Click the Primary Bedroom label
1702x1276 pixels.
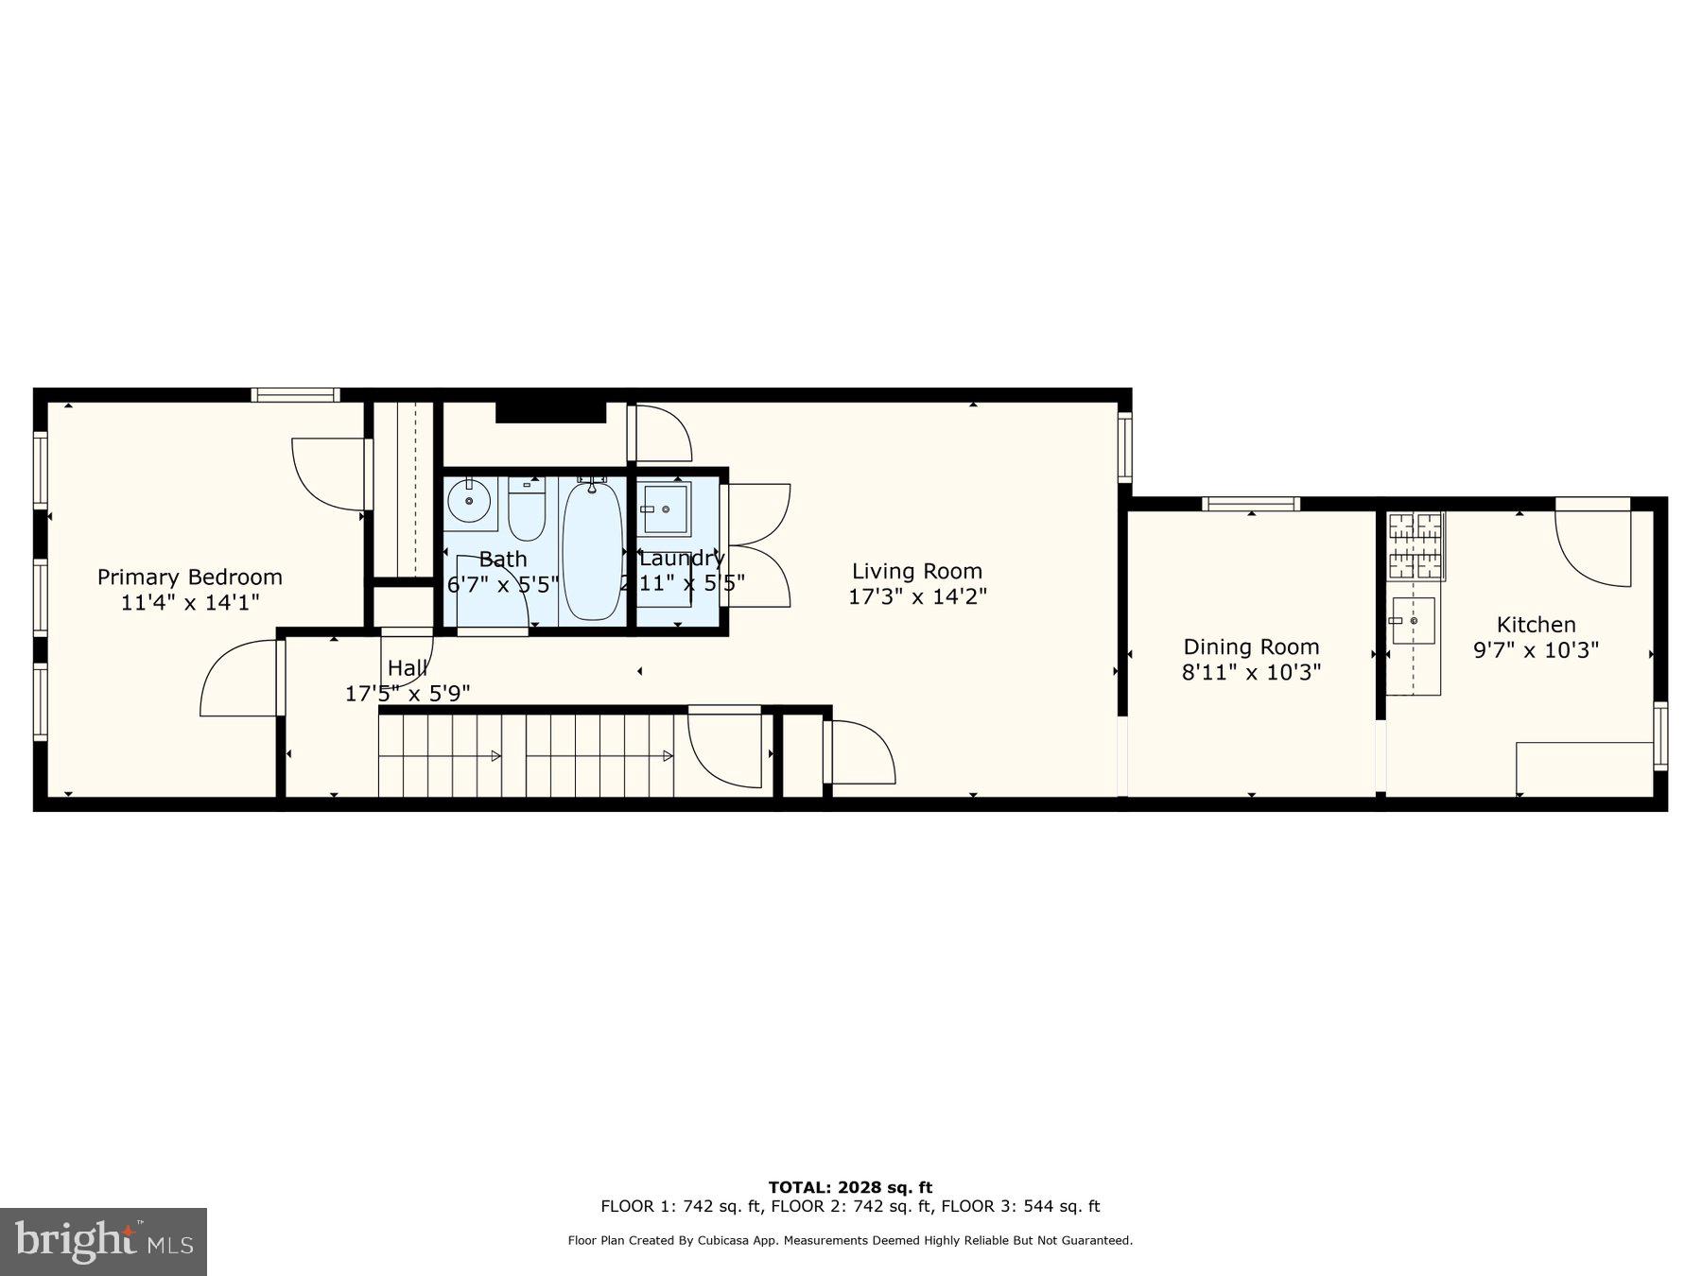pyautogui.click(x=189, y=578)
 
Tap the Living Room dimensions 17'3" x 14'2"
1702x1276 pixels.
pyautogui.click(x=917, y=596)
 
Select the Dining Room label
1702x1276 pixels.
pyautogui.click(x=1251, y=647)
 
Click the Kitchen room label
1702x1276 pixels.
pyautogui.click(x=1536, y=625)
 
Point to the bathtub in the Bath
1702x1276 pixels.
pyautogui.click(x=592, y=551)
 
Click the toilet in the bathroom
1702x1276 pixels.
pyautogui.click(x=527, y=511)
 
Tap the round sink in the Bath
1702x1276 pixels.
pyautogui.click(x=469, y=500)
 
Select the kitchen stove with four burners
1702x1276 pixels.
pyautogui.click(x=1415, y=545)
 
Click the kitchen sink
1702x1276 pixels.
pyautogui.click(x=1414, y=621)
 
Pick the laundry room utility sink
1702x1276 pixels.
pyautogui.click(x=666, y=509)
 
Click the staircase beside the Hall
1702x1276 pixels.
pyautogui.click(x=526, y=755)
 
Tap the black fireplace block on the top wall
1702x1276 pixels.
pyautogui.click(x=550, y=412)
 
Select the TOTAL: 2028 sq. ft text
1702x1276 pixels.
pyautogui.click(x=850, y=1187)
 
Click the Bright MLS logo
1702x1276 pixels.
pyautogui.click(x=103, y=1241)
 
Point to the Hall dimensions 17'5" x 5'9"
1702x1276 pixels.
pyautogui.click(x=408, y=694)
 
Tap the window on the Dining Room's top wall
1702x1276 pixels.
pyautogui.click(x=1251, y=505)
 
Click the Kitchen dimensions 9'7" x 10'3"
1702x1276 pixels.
pyautogui.click(x=1536, y=650)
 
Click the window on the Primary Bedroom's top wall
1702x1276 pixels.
pyautogui.click(x=295, y=395)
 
